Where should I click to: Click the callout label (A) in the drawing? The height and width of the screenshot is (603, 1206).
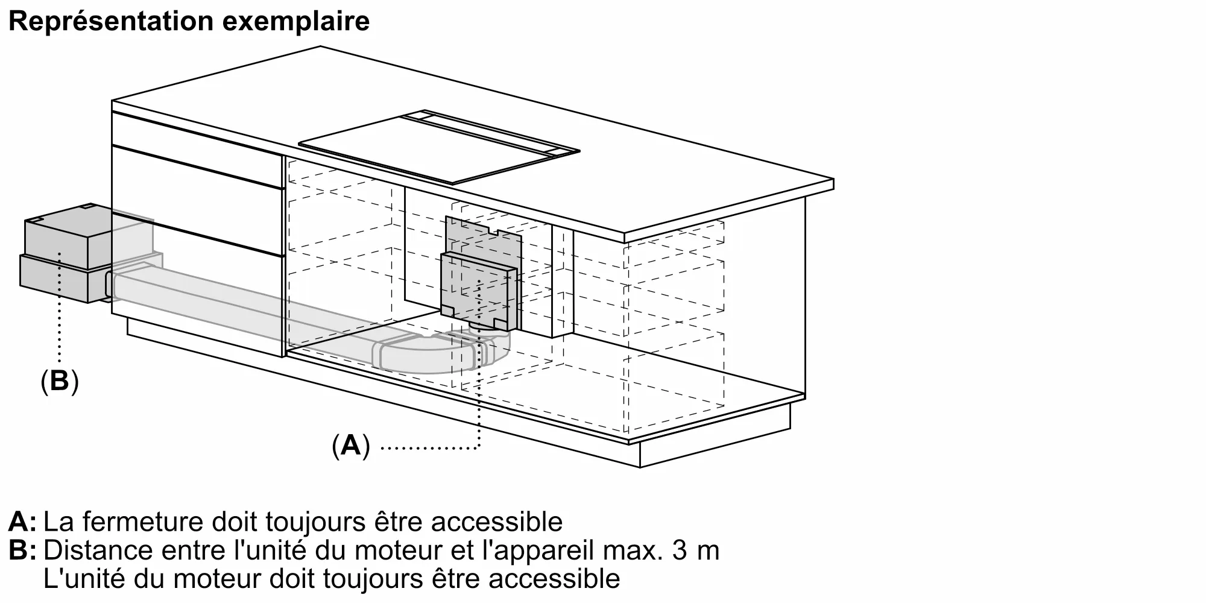350,446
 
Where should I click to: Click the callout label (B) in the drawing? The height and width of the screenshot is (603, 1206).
59,381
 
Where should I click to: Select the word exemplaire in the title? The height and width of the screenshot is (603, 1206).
295,21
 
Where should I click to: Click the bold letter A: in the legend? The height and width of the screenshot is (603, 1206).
22,522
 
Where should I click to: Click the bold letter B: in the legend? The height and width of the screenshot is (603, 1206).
22,551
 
